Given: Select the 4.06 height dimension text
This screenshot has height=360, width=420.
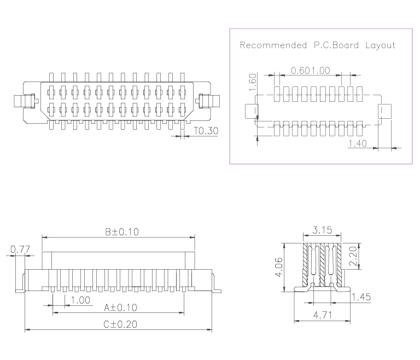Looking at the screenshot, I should tap(280, 268).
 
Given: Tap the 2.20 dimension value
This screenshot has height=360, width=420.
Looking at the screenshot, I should tap(353, 256).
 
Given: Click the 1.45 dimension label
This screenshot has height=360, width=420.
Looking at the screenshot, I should tap(360, 297).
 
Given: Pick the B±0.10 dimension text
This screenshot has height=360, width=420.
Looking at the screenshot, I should tap(122, 231).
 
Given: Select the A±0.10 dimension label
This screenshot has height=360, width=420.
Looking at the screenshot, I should tap(120, 307).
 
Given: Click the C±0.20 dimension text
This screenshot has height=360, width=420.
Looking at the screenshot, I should tap(120, 324).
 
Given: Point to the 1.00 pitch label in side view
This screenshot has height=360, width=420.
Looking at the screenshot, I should tap(80, 299).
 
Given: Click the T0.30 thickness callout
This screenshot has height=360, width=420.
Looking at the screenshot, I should tap(206, 131).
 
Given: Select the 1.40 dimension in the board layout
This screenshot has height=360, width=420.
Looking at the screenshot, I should tap(358, 143).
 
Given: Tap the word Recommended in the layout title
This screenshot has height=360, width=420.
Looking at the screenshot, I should tap(273, 45).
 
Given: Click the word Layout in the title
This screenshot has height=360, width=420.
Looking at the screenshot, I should tap(380, 45).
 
